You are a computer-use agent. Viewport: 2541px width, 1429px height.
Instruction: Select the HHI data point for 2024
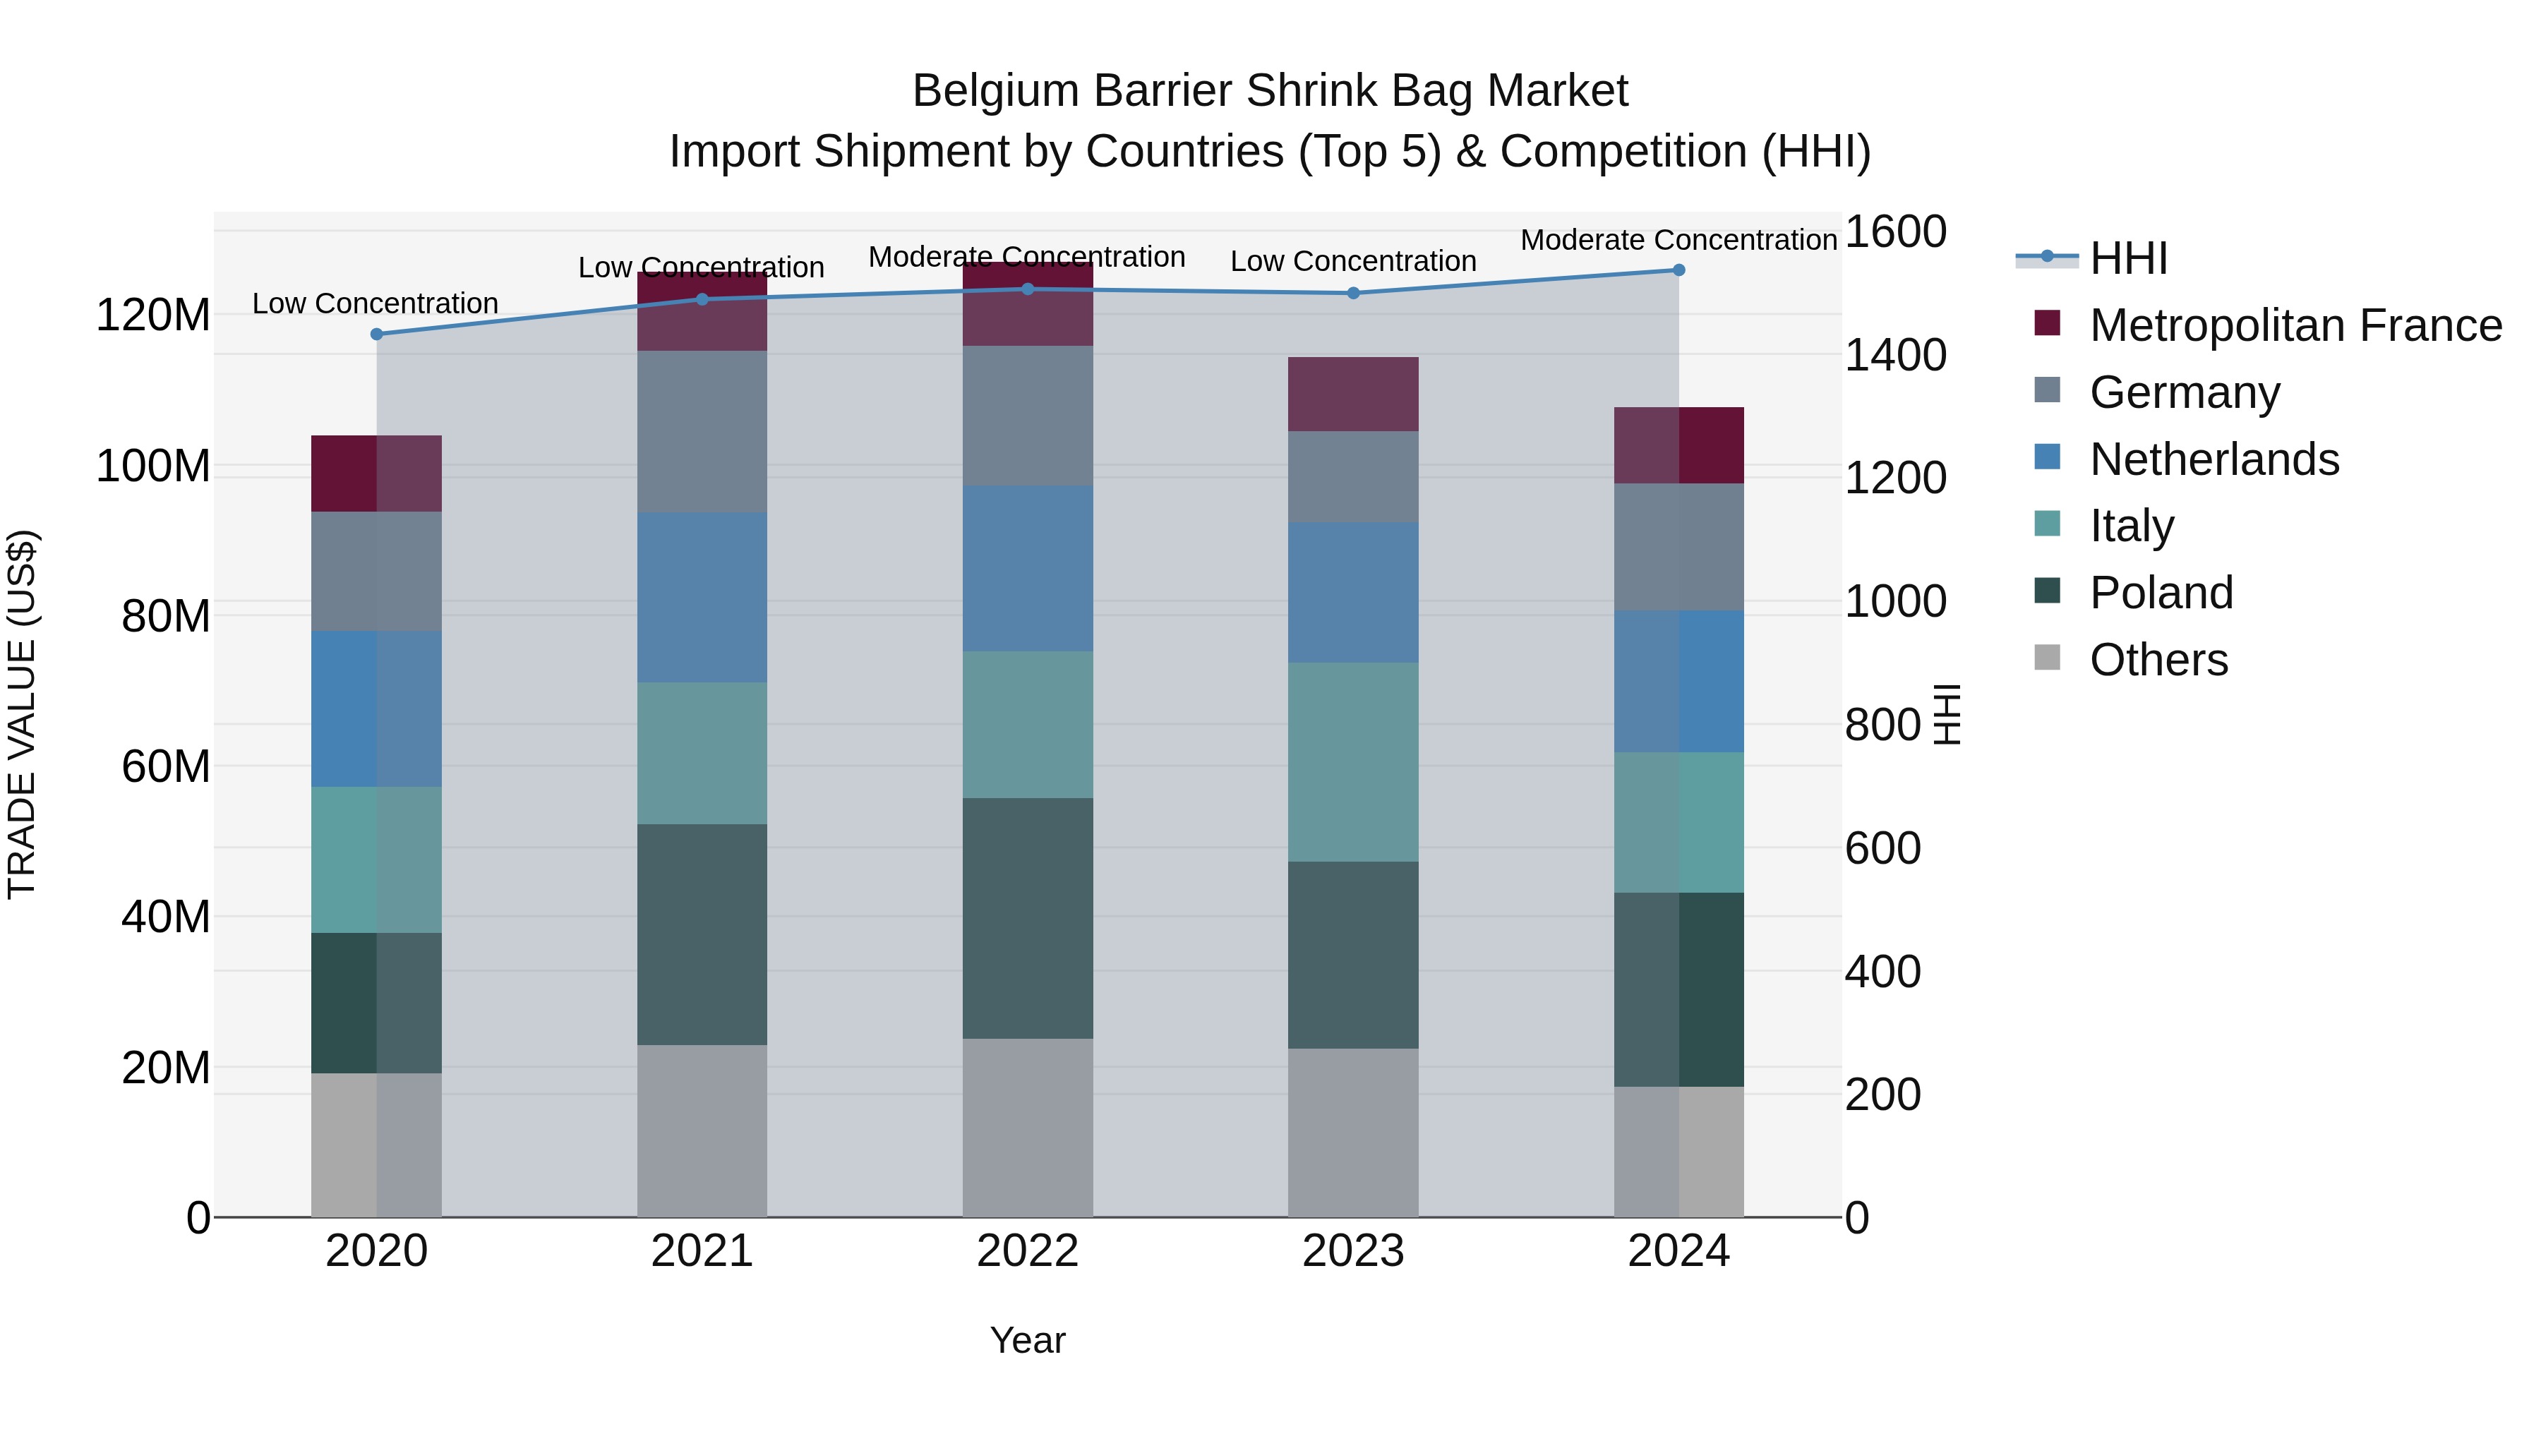(1679, 270)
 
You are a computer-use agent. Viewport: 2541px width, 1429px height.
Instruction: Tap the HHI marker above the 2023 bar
(1353, 293)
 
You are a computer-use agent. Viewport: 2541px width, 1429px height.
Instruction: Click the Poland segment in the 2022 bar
(1028, 917)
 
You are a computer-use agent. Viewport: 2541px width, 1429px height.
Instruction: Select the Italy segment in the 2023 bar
(1353, 761)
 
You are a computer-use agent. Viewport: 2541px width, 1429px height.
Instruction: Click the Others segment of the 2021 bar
(702, 1130)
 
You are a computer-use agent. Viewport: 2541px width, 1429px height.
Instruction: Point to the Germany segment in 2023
(1353, 476)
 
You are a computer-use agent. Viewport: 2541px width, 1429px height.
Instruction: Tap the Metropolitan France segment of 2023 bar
(1353, 394)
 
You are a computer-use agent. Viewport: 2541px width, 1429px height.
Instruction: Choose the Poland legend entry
(2161, 593)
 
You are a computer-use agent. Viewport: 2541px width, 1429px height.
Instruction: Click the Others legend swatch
(2048, 658)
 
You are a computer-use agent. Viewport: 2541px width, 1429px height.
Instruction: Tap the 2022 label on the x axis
(1028, 1251)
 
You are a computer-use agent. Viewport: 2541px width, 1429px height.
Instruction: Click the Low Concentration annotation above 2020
(375, 303)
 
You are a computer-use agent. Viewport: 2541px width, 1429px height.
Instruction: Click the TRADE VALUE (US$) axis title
(22, 714)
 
